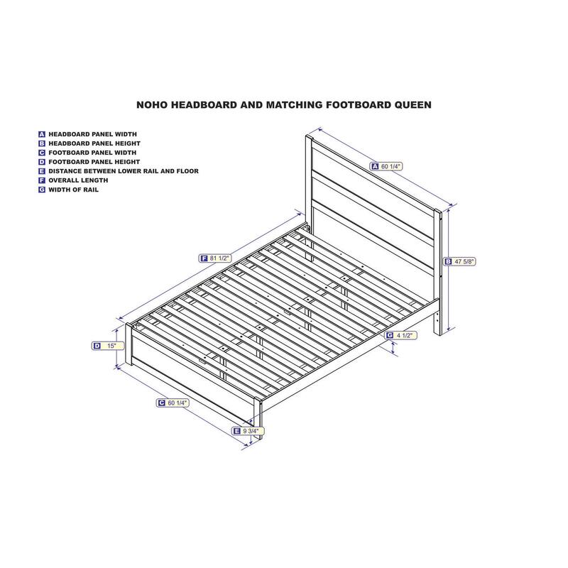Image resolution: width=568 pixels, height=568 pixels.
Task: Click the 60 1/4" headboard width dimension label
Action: coord(386,166)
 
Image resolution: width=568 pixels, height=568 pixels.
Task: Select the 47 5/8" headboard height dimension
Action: coord(460,261)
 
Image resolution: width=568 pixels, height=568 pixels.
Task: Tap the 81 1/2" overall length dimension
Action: coord(215,258)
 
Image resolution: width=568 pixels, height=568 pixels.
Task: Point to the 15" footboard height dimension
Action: coord(108,346)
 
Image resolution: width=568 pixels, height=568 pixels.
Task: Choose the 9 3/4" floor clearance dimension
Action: coord(248,431)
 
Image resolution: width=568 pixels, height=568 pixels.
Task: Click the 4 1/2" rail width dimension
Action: coord(400,335)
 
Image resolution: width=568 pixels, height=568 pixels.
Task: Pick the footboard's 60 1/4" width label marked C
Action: coord(173,403)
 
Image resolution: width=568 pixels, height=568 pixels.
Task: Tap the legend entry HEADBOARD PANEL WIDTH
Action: coord(93,134)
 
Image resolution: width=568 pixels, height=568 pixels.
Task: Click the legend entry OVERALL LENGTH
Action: coord(78,180)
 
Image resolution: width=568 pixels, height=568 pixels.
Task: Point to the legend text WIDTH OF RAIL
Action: coord(74,190)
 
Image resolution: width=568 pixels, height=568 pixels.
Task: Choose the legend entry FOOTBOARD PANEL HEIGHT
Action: coord(94,162)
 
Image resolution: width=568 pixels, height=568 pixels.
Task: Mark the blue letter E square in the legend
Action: coord(42,171)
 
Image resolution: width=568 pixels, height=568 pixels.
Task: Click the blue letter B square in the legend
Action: coord(42,144)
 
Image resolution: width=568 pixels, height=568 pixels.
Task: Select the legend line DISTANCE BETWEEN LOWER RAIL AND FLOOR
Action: coord(124,171)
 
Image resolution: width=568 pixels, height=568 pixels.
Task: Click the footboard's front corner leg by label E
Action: coord(258,417)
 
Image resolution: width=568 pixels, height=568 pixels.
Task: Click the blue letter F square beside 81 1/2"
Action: coord(204,258)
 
